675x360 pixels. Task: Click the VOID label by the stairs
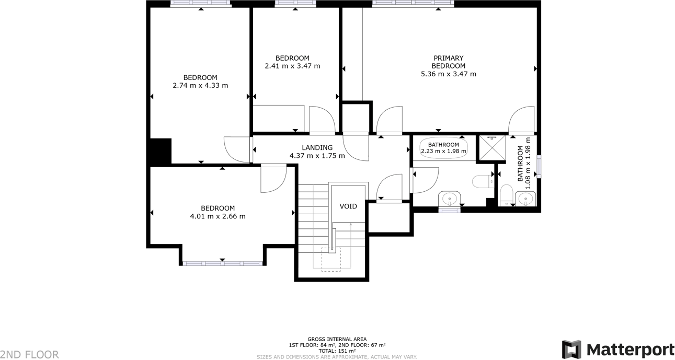348,206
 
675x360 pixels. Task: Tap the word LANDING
317,148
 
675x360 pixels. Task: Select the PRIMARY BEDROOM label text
448,62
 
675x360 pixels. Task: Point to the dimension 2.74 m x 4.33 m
200,86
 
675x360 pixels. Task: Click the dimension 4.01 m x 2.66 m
218,216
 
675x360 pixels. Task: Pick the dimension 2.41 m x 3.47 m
292,66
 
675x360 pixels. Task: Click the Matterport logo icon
571,350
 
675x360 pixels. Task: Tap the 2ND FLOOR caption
30,355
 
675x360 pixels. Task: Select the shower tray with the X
492,147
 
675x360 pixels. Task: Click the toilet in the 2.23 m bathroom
482,181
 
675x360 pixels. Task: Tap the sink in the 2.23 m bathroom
449,199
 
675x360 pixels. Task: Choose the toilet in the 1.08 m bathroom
506,195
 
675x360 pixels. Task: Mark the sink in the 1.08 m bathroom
525,199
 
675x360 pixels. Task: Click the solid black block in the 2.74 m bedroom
161,151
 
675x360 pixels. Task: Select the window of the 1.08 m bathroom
539,166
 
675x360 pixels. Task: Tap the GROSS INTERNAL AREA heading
337,339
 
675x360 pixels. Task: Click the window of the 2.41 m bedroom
295,4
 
